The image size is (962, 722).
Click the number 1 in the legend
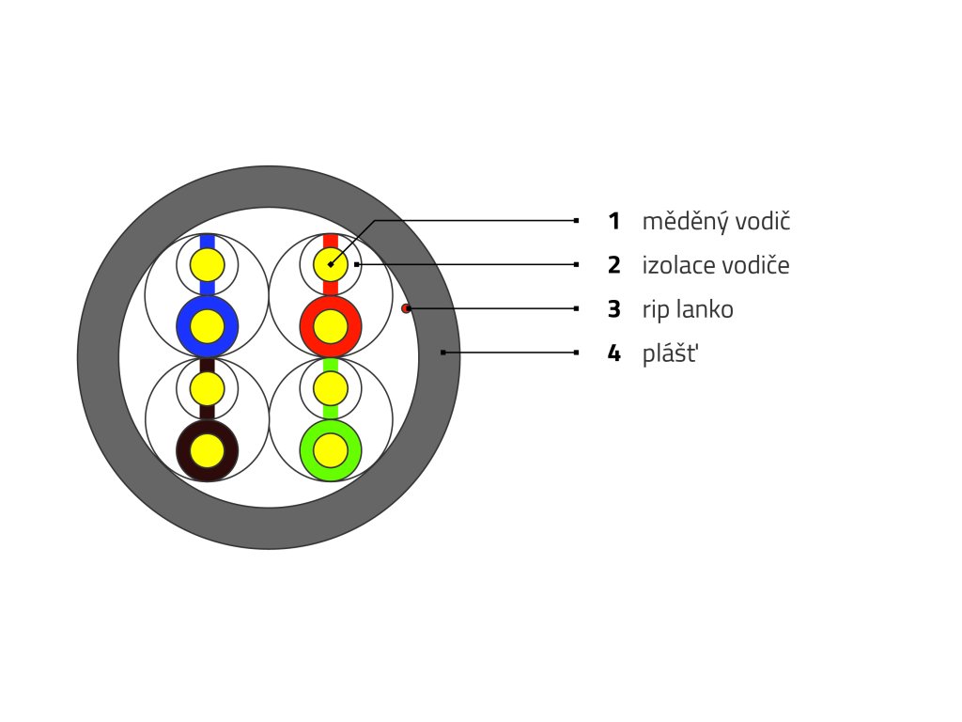[614, 222]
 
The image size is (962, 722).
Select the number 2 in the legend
[614, 265]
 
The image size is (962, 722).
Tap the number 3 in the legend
[614, 309]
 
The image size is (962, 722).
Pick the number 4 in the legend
[614, 353]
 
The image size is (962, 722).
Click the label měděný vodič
[716, 222]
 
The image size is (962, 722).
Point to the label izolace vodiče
[715, 265]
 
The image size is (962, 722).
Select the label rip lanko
[688, 309]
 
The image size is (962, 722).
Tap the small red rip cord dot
[406, 308]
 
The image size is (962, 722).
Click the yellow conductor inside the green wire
[330, 451]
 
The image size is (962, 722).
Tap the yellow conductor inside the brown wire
[208, 451]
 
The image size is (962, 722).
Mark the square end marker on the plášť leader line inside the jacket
[442, 353]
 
